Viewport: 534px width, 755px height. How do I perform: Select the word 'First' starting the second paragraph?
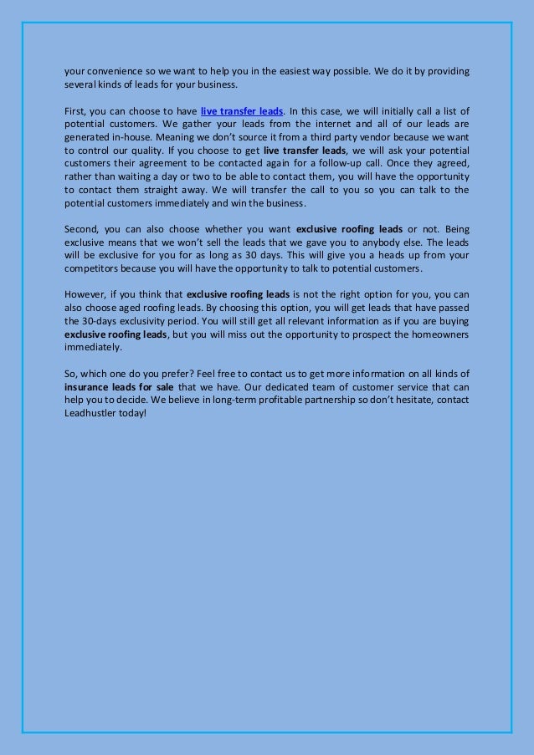click(x=75, y=111)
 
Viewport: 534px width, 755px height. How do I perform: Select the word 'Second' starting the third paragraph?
click(x=81, y=229)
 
